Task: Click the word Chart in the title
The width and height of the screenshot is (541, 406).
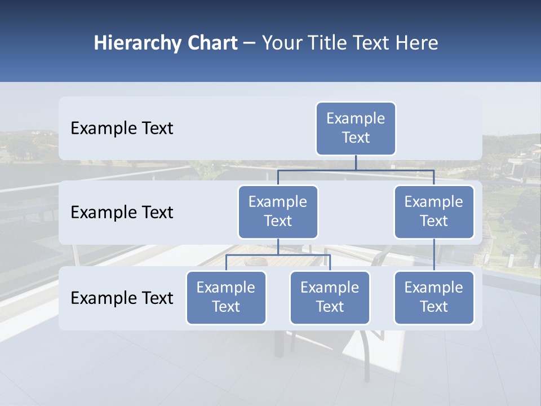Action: click(212, 43)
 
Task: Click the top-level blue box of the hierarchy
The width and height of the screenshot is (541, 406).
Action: click(356, 129)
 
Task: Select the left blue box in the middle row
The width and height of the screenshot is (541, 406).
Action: click(278, 211)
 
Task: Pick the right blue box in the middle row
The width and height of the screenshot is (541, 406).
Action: click(434, 211)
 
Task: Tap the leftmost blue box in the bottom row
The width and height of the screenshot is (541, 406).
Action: click(226, 297)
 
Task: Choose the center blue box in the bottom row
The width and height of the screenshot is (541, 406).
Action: click(330, 297)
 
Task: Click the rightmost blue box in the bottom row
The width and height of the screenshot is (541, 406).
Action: click(434, 297)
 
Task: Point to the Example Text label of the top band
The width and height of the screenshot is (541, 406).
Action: click(122, 129)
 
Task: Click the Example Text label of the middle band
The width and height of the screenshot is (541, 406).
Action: click(122, 212)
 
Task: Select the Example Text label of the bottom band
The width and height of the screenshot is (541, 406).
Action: click(122, 298)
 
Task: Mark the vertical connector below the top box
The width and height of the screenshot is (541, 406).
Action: click(356, 162)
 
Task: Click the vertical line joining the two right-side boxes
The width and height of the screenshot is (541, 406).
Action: click(434, 255)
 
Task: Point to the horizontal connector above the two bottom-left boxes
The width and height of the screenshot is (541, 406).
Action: click(278, 255)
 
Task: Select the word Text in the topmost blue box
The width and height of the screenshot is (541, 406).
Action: click(356, 138)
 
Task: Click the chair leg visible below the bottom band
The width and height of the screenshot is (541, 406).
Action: click(363, 361)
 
